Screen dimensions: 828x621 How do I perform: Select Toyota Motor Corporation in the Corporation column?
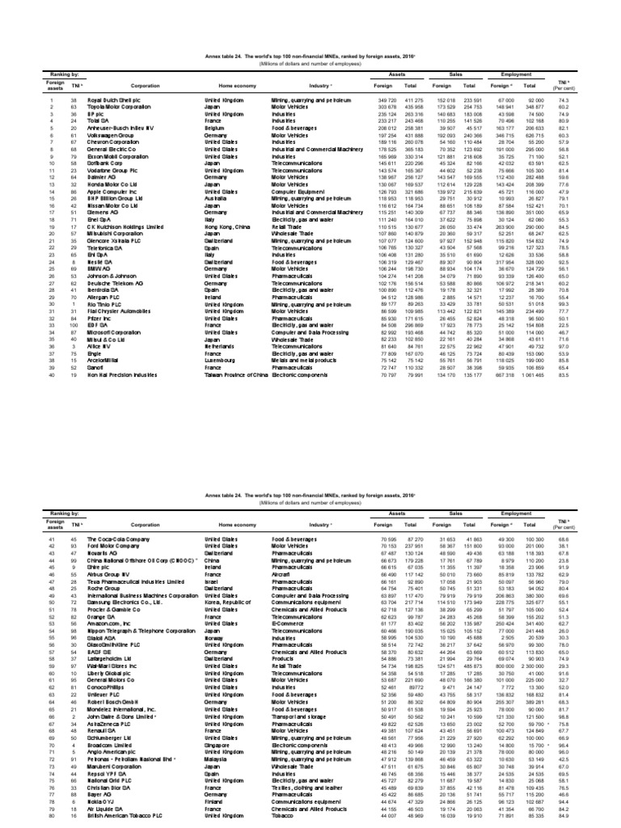point(101,106)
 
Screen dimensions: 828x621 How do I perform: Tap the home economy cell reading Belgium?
point(214,128)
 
